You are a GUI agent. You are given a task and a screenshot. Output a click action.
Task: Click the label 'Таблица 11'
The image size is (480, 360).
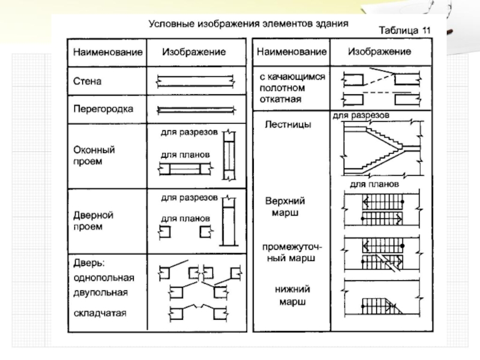pos(404,31)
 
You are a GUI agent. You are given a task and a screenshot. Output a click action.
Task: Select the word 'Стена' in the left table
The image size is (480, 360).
pos(87,81)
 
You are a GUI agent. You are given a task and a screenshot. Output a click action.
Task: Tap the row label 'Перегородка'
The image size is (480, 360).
pos(103,109)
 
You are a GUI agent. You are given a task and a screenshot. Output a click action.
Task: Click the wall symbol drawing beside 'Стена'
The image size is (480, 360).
pos(196,81)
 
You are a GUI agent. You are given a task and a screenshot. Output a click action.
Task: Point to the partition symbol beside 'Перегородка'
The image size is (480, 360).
pos(196,110)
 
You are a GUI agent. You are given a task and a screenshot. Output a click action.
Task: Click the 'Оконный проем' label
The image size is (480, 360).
pos(94,155)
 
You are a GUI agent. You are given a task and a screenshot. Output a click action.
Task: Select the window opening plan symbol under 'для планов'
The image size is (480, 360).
pos(185,169)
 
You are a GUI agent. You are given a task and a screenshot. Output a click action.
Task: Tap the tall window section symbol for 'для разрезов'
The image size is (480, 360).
pos(229,155)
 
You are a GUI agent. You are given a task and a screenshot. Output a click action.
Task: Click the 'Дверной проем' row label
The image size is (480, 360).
pos(94,221)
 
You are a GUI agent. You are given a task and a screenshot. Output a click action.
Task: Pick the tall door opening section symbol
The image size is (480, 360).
pos(229,221)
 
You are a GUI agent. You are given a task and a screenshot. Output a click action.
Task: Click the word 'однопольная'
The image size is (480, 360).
pos(104,278)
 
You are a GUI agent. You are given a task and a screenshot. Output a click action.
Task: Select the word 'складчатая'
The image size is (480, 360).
pos(100,313)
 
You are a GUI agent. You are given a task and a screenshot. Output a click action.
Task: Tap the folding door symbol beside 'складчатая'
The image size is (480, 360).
pos(199,313)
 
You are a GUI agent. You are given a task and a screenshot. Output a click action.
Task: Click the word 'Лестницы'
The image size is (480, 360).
pos(288,124)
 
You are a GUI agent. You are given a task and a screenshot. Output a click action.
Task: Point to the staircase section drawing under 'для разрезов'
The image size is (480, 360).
pos(382,148)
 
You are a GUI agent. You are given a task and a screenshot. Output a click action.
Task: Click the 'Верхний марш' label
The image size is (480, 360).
pos(285,206)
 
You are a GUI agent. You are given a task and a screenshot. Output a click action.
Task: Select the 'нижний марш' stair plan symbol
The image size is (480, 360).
pos(382,298)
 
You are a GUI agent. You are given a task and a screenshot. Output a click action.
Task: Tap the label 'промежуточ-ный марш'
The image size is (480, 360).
pos(292,253)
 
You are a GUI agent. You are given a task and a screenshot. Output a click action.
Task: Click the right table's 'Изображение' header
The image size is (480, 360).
pos(379,52)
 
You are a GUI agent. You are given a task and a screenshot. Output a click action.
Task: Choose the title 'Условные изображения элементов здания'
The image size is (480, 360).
pos(248,23)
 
